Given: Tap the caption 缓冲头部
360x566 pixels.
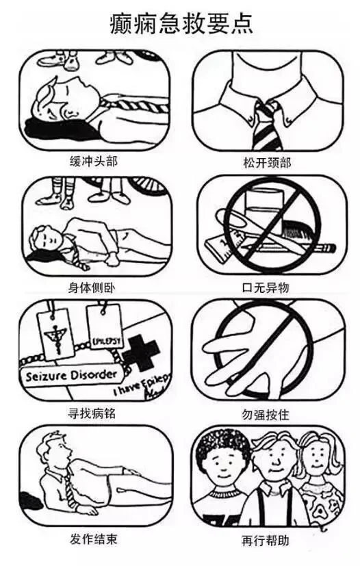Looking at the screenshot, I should click(x=93, y=162).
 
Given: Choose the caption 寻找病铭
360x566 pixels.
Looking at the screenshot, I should click(x=93, y=413).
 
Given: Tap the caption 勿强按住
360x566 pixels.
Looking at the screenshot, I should click(x=266, y=413).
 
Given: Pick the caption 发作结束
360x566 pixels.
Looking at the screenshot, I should click(x=93, y=539).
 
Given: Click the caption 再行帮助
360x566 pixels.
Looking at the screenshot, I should click(x=266, y=540).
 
